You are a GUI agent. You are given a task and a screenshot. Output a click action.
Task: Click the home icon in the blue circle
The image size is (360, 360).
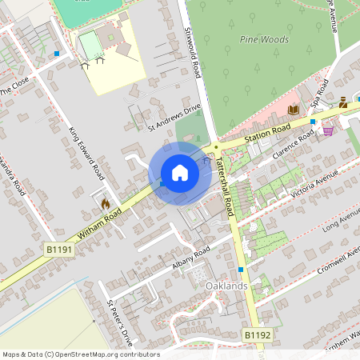[180, 173]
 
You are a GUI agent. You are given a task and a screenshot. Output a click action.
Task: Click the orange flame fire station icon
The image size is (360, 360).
[104, 204]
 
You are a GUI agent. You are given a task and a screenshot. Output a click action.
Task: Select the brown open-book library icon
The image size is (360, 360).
[293, 110]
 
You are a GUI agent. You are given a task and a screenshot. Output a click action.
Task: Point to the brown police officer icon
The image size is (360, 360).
[342, 102]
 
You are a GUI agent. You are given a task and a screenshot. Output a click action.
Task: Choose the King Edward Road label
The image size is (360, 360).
[86, 152]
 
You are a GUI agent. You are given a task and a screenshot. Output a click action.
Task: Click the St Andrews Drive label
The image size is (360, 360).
[174, 116]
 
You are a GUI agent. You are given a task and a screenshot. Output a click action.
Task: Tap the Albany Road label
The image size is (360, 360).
[190, 258]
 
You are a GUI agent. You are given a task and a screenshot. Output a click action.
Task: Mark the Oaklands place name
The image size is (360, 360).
[226, 286]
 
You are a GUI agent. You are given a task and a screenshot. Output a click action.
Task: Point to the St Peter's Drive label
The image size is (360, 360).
[117, 319]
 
